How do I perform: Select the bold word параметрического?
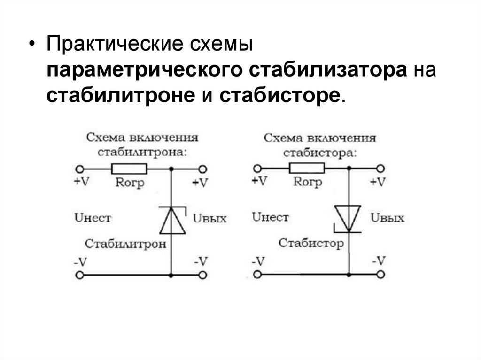point(144,71)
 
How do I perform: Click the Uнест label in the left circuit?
point(93,218)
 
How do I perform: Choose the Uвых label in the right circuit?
point(387,218)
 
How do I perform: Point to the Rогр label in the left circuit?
point(130,182)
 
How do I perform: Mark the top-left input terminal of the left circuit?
point(80,169)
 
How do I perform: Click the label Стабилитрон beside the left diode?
point(125,244)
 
